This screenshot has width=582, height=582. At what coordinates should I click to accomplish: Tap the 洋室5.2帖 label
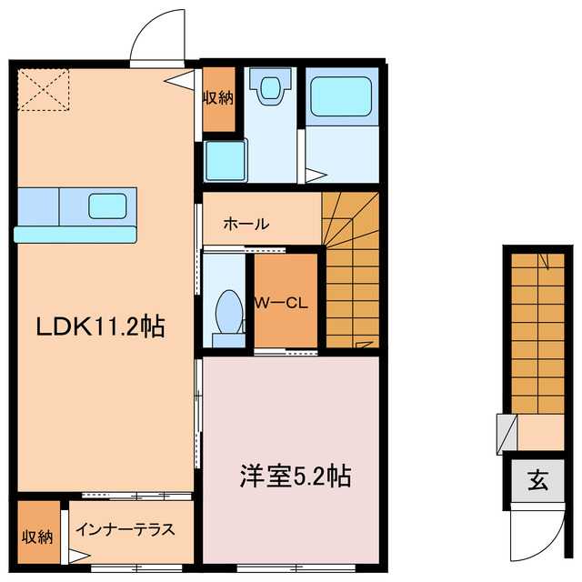(295, 475)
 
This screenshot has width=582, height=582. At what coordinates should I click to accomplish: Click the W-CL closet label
(284, 303)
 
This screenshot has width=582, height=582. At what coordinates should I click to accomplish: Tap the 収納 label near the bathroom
(217, 98)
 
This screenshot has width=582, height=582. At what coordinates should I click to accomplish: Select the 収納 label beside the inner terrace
(36, 536)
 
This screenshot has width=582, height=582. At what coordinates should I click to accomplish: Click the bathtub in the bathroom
(341, 98)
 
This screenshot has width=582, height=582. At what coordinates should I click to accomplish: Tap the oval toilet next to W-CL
(227, 314)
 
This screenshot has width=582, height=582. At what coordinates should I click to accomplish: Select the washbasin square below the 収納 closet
(224, 162)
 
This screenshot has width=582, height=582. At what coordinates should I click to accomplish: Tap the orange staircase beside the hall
(351, 273)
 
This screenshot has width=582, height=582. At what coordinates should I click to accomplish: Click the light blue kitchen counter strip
(76, 234)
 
